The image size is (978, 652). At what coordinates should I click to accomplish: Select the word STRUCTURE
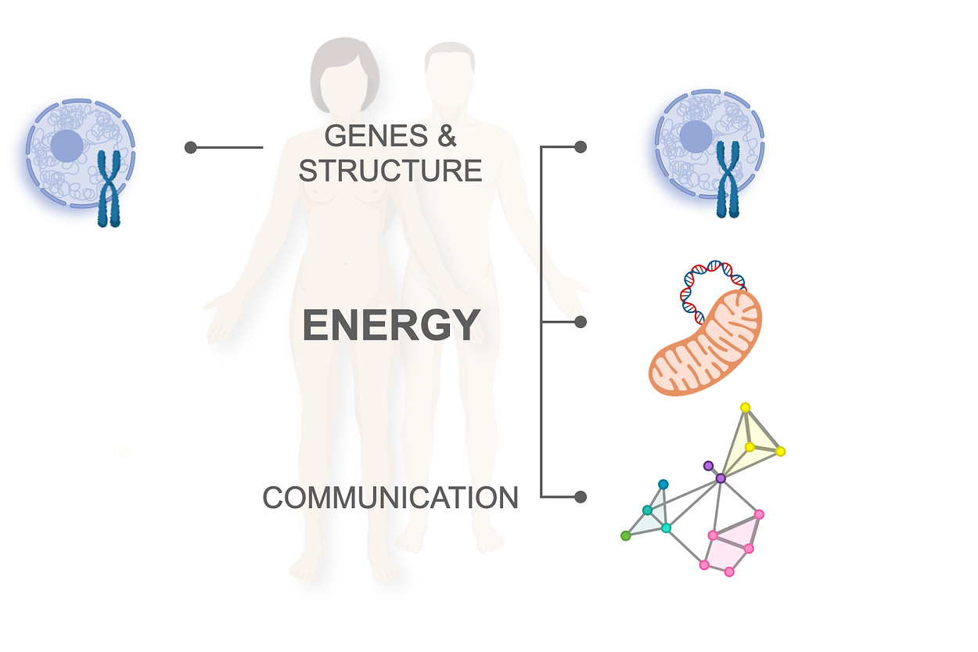click(x=390, y=171)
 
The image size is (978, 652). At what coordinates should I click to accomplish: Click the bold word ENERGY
click(x=391, y=326)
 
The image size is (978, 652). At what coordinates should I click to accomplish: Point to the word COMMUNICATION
click(x=390, y=498)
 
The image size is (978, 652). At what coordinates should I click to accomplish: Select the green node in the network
click(x=625, y=536)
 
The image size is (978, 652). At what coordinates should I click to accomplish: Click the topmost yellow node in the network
click(x=746, y=407)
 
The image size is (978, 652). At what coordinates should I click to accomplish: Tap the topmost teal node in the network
click(x=663, y=484)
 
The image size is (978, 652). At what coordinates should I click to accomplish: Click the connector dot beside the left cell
click(x=190, y=147)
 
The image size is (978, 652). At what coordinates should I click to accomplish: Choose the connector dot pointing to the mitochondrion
click(x=581, y=322)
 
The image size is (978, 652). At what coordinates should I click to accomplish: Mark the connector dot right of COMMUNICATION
click(x=581, y=496)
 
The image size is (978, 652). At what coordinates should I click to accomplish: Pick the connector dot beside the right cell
click(x=581, y=146)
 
